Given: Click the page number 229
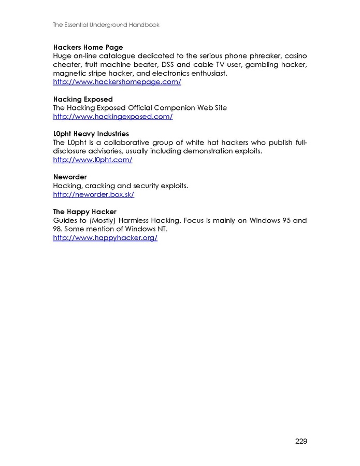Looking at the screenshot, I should [x=301, y=441].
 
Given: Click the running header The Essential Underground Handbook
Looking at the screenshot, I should [x=106, y=25].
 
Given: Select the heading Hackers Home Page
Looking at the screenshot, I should [x=88, y=47].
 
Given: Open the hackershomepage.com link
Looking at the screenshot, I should [x=117, y=82].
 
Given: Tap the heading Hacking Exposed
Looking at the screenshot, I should [x=83, y=99].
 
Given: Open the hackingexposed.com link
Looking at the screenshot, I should [x=113, y=117].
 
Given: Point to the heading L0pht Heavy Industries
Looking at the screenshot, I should [x=91, y=134].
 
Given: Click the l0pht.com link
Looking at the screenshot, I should [x=93, y=160].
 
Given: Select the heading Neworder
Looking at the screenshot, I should [x=70, y=177].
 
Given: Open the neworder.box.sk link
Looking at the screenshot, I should [x=94, y=194].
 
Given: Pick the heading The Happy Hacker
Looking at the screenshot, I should [x=85, y=211].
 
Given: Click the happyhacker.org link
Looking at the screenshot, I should [x=105, y=238].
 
